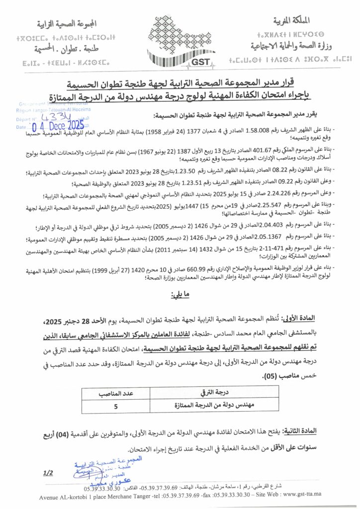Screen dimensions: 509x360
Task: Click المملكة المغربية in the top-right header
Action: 292,20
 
